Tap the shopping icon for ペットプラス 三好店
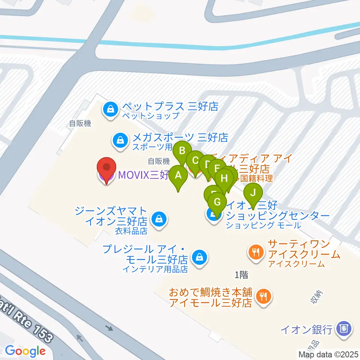coord(111,110)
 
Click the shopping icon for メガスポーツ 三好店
coord(120,141)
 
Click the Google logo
coord(25,351)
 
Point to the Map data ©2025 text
coord(328,354)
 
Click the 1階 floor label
coord(241,275)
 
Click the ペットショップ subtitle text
coord(150,116)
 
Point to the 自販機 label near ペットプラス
coord(79,123)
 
